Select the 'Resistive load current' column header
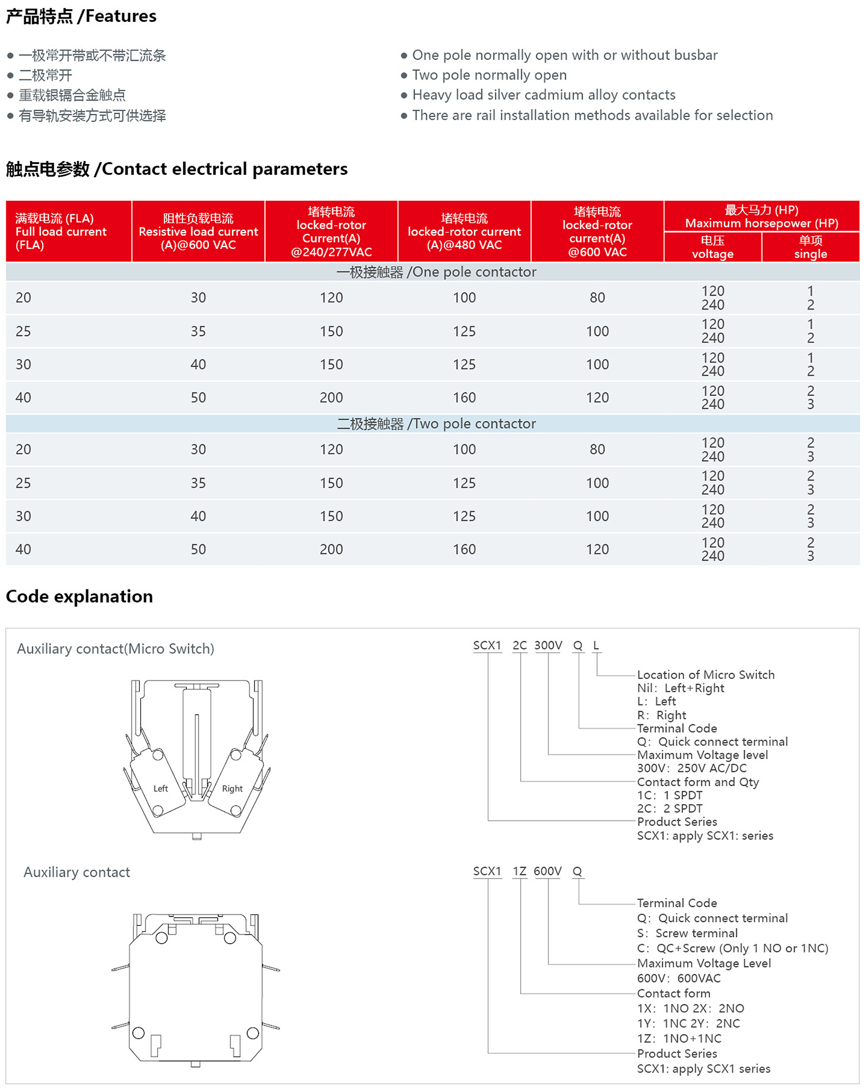click(x=198, y=231)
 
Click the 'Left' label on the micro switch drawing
click(x=160, y=789)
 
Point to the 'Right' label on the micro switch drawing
click(x=232, y=789)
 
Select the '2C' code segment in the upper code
click(x=520, y=645)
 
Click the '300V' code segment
click(x=548, y=645)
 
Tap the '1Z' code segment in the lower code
click(x=520, y=871)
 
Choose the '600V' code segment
click(x=547, y=871)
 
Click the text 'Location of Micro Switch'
click(x=706, y=675)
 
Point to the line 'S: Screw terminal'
click(x=687, y=933)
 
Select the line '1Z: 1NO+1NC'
click(x=679, y=1038)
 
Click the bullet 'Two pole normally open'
click(x=489, y=75)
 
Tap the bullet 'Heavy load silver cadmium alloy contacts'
click(x=543, y=95)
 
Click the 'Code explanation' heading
click(x=80, y=596)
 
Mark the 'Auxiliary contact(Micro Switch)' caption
click(x=115, y=649)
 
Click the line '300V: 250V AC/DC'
click(x=692, y=768)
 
